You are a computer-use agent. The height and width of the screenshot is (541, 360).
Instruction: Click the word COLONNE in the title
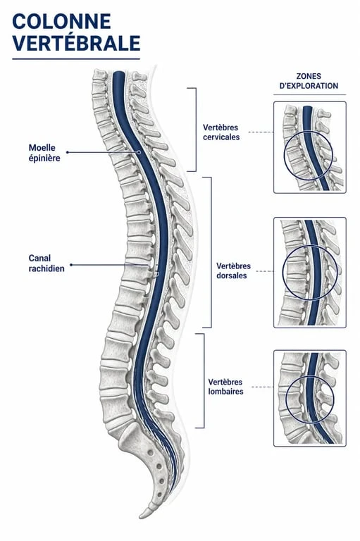coord(61,21)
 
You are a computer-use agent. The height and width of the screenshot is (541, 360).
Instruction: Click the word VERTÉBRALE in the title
coord(76,43)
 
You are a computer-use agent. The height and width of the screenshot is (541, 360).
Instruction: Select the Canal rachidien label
coord(46,263)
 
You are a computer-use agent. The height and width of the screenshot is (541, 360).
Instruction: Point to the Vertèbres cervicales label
coord(221,132)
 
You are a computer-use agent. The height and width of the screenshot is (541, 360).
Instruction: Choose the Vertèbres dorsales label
coord(233,270)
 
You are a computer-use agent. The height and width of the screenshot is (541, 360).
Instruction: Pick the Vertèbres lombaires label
coord(225,387)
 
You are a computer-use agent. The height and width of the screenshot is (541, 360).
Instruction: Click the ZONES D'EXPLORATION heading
coord(309,81)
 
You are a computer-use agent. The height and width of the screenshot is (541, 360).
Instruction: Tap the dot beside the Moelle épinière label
coord(68,152)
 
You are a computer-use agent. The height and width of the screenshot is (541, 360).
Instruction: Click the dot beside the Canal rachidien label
coord(71,265)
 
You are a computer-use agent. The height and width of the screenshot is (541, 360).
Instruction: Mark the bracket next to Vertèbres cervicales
coord(196,130)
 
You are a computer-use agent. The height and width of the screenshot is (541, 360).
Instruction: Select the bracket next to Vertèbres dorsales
coord(211,252)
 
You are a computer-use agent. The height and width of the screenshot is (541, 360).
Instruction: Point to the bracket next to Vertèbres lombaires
coord(204,381)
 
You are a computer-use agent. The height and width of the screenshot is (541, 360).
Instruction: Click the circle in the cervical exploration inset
coord(285,155)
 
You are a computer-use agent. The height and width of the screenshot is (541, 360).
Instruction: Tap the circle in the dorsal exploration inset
coord(283,272)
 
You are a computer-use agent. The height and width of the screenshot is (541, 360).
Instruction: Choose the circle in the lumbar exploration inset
coord(286,399)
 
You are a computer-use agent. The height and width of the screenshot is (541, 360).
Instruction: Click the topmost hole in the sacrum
coord(150,452)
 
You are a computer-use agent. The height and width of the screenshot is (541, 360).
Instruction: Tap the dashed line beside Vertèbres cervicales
coord(261,132)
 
